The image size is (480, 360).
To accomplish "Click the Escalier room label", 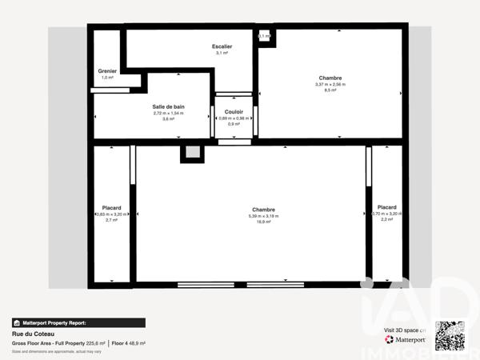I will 222,46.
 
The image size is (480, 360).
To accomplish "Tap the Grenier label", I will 107,71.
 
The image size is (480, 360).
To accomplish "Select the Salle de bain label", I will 168,106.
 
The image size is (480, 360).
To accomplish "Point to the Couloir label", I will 234,112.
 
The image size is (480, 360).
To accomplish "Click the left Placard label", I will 111,208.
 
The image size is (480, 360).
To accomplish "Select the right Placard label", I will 386,207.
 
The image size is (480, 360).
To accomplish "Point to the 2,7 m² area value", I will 111,220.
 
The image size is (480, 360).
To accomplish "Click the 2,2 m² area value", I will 386,220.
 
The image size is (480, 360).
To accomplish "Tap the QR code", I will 450,335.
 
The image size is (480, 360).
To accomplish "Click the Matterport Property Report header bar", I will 78,323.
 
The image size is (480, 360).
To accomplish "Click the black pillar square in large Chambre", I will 192,154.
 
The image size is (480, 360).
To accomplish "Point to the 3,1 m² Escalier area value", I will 222,54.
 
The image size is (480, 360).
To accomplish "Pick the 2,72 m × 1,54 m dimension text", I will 168,113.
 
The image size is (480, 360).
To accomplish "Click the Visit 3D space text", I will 404,330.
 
